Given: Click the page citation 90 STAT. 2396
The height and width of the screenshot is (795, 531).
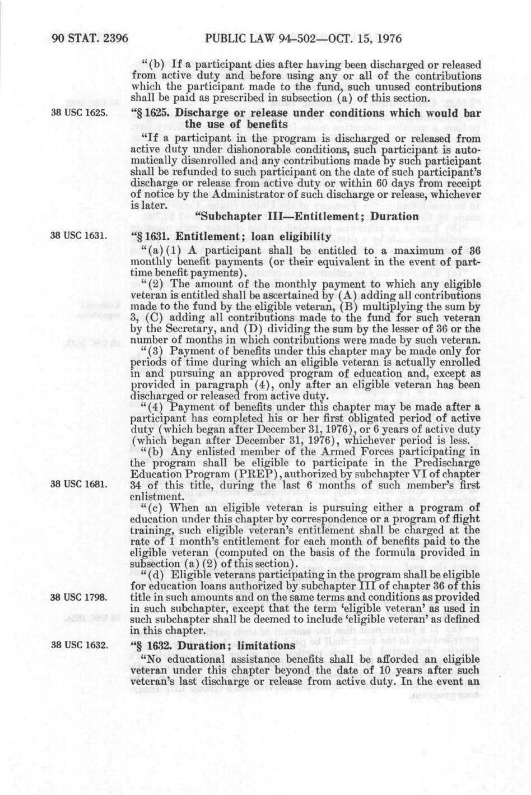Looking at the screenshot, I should pyautogui.click(x=90, y=39).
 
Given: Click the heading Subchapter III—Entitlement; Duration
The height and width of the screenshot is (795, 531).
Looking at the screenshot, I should pyautogui.click(x=306, y=216).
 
